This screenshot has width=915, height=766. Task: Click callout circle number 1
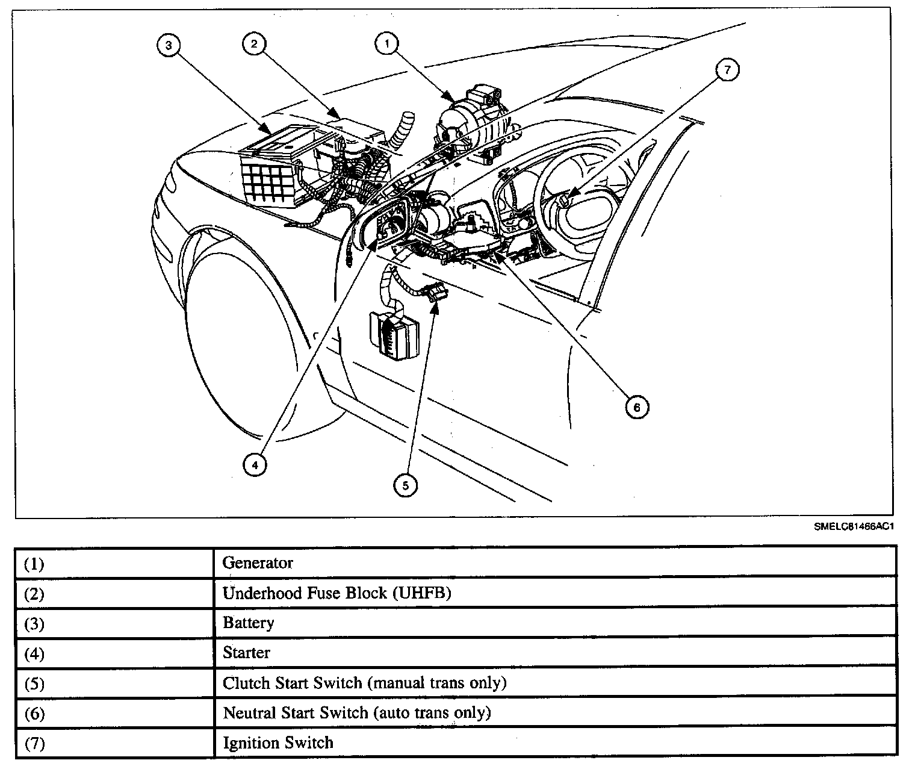387,43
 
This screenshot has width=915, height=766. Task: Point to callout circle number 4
255,464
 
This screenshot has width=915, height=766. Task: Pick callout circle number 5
405,485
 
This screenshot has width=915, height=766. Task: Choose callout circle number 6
636,407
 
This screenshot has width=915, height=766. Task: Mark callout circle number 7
727,70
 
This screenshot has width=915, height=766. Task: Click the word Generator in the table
258,563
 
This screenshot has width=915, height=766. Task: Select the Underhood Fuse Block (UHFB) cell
337,593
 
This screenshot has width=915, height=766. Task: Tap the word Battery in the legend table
248,623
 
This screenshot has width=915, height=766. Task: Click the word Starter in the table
246,653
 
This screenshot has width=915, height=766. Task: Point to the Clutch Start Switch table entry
364,683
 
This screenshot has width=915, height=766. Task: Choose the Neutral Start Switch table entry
356,713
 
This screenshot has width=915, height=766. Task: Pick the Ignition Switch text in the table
278,743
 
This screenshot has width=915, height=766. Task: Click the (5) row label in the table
34,683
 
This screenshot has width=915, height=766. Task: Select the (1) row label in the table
34,564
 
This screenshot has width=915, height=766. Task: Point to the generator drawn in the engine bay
470,120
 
